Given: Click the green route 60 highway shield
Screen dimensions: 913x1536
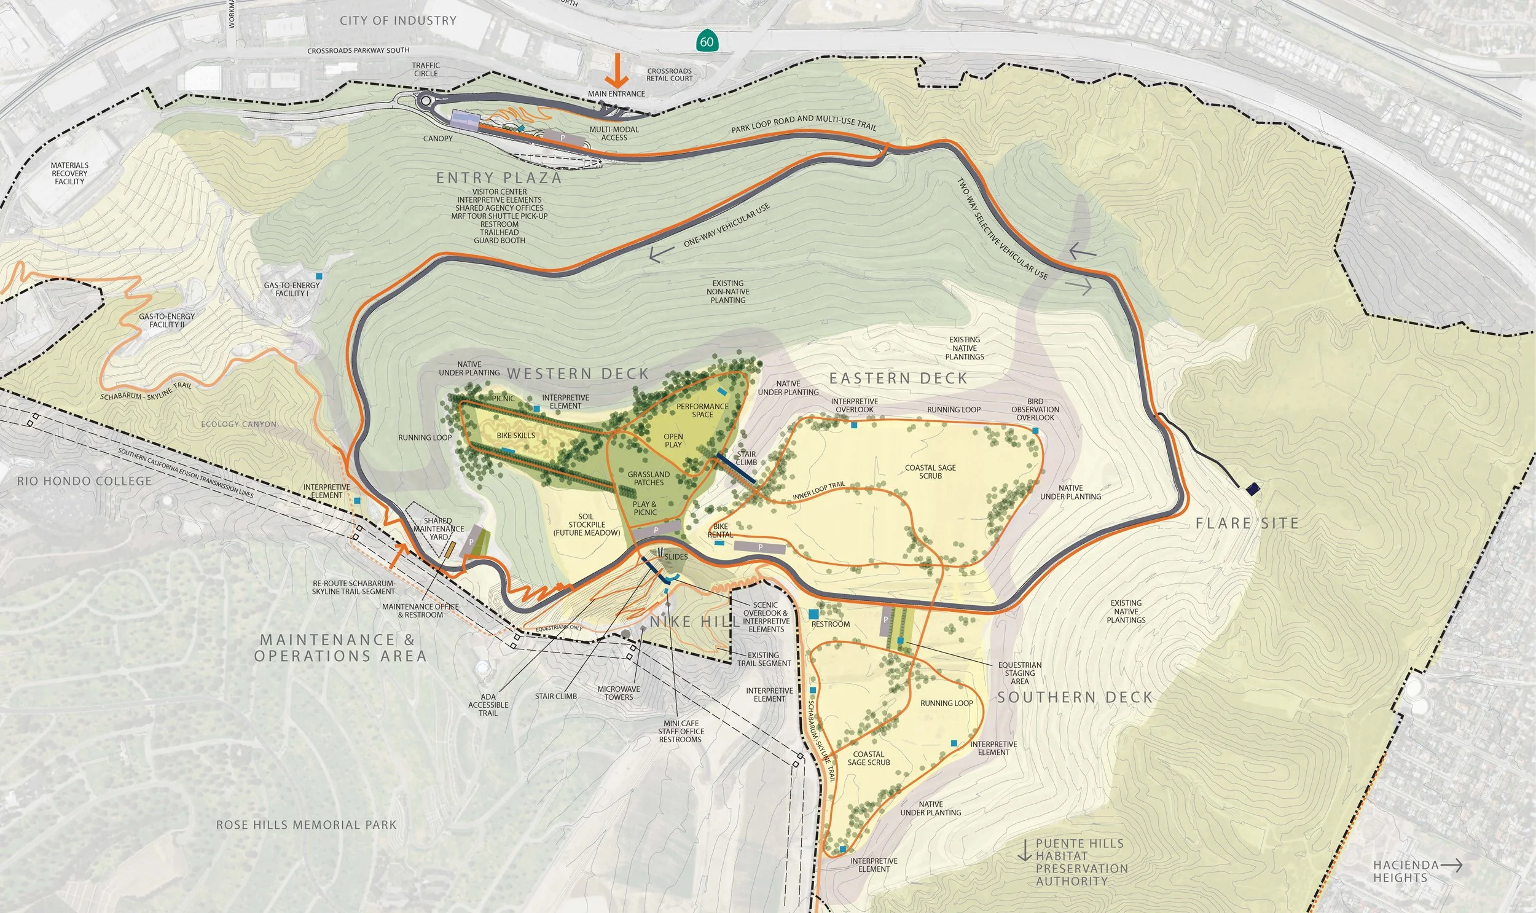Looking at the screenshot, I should [707, 41].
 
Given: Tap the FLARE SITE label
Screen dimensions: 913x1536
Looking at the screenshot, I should [1247, 523].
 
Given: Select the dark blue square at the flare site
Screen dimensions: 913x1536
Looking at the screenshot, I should [1252, 489].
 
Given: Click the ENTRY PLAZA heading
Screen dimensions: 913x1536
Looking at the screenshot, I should [499, 178].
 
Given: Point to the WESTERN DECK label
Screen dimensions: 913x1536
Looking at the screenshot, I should [578, 374].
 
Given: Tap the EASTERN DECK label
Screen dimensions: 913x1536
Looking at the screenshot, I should [898, 378].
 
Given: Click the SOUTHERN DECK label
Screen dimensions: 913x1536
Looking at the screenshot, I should [1075, 697].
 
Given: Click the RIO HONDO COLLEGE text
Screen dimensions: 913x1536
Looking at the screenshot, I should [84, 481].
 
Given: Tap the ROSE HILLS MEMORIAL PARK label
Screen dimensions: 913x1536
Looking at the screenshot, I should [307, 825].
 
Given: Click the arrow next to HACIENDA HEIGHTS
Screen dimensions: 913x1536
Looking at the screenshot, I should [1451, 865].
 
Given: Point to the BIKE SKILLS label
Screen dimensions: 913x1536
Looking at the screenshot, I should [515, 436].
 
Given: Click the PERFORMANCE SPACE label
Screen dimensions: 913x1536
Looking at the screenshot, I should [702, 410].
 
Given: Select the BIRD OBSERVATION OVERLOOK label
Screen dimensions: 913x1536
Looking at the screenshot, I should [1035, 409].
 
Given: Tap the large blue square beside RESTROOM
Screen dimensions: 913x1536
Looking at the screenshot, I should [814, 613].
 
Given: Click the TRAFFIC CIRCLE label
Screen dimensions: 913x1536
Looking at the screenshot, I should [426, 69].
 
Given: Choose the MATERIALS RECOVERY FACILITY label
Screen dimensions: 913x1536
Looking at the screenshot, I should [69, 173].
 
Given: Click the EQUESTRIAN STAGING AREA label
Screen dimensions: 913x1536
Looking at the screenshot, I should [1019, 673].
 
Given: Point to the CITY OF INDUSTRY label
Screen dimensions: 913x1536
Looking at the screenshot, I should [398, 20].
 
